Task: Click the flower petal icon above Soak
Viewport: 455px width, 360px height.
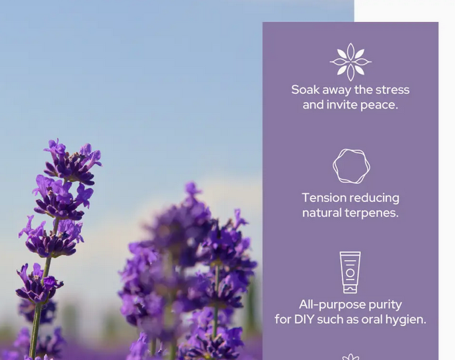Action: pyautogui.click(x=350, y=62)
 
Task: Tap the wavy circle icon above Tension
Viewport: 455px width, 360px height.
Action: pyautogui.click(x=351, y=166)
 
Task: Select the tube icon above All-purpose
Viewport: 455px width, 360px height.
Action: pyautogui.click(x=350, y=272)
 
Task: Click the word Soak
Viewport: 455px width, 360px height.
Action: pyautogui.click(x=305, y=90)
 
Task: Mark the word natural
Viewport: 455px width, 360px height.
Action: pyautogui.click(x=324, y=213)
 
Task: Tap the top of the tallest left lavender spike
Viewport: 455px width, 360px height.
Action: pyautogui.click(x=56, y=144)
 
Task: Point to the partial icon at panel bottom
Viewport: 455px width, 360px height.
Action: pyautogui.click(x=350, y=357)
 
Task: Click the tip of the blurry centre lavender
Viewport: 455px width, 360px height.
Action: pyautogui.click(x=192, y=188)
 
